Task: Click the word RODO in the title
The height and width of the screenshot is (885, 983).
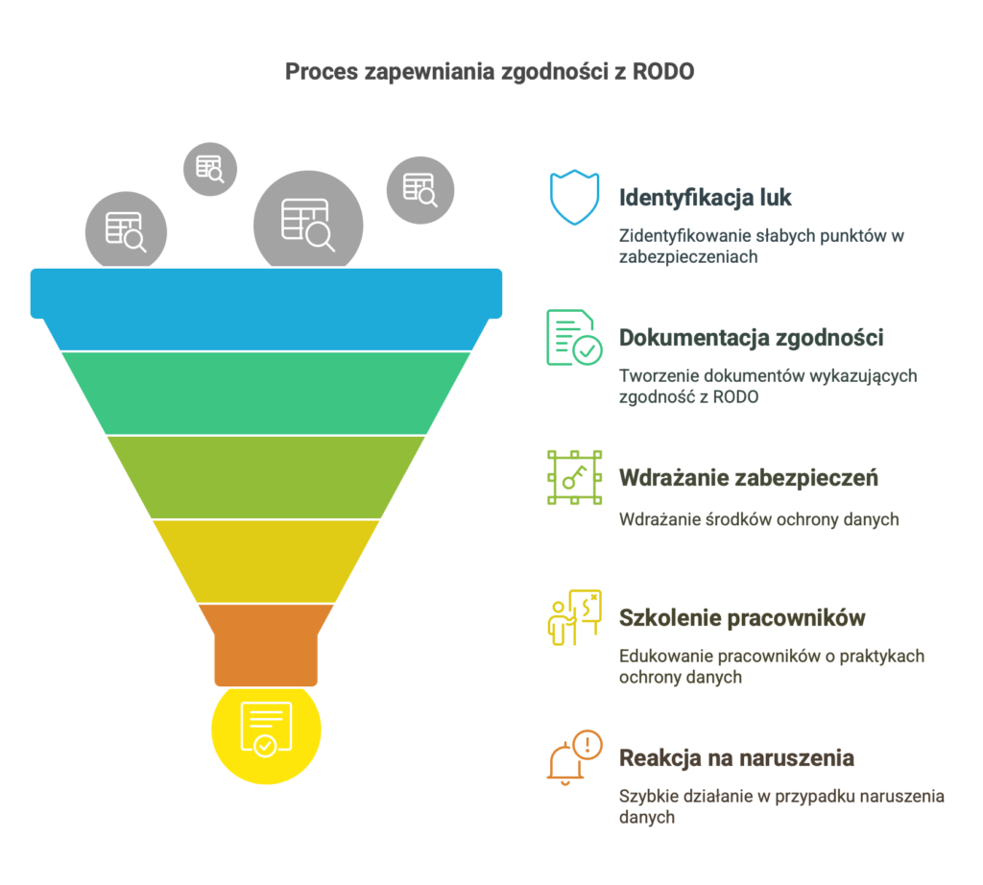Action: pyautogui.click(x=662, y=71)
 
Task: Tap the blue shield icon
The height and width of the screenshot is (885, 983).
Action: pyautogui.click(x=574, y=197)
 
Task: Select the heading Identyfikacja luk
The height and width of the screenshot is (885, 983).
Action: pyautogui.click(x=706, y=198)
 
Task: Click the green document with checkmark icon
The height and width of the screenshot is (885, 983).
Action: pyautogui.click(x=574, y=337)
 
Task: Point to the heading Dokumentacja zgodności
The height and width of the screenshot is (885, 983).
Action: pyautogui.click(x=751, y=338)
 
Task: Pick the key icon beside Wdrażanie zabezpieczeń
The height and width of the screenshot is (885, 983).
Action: pyautogui.click(x=574, y=477)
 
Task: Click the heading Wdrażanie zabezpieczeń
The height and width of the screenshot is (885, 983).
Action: pyautogui.click(x=749, y=478)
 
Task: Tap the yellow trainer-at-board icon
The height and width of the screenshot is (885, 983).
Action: pyautogui.click(x=574, y=617)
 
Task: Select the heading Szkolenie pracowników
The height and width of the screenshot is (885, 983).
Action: pyautogui.click(x=742, y=618)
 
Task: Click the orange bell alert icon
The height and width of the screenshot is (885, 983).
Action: pyautogui.click(x=574, y=757)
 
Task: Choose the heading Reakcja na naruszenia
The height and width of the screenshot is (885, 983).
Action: pyautogui.click(x=736, y=757)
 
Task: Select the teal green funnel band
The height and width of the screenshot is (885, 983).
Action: pyautogui.click(x=267, y=393)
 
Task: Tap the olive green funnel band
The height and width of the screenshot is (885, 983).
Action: pyautogui.click(x=267, y=477)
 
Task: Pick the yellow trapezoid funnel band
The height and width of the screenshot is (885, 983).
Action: pyautogui.click(x=267, y=561)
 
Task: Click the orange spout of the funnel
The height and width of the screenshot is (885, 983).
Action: pyautogui.click(x=267, y=645)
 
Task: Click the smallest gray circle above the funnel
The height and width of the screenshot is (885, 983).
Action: pyautogui.click(x=210, y=169)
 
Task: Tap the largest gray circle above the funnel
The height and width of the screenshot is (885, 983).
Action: pyautogui.click(x=308, y=221)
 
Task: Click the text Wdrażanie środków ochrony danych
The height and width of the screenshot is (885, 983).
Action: pyautogui.click(x=759, y=519)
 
